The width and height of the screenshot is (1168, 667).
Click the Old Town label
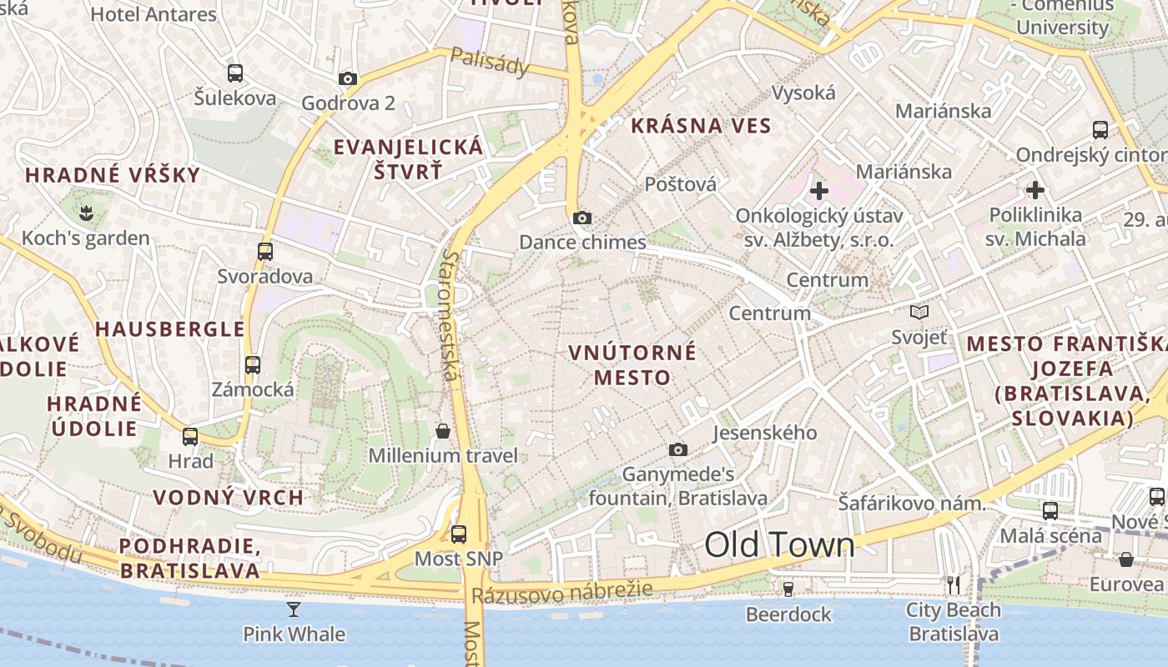point(779,544)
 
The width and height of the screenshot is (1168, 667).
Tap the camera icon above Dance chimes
point(581,218)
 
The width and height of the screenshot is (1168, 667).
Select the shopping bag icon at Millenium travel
point(443,430)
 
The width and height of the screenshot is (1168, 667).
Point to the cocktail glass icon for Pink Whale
point(293,609)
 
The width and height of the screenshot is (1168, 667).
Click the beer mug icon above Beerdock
point(788,589)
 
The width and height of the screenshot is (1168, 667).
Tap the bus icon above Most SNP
point(458,534)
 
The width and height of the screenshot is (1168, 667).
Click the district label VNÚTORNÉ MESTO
point(632,364)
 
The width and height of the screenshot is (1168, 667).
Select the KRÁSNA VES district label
point(701,126)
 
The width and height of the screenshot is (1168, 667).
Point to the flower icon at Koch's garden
point(85,213)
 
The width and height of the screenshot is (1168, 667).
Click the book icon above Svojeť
point(919,312)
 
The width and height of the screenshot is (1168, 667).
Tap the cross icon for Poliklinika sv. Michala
point(1035,190)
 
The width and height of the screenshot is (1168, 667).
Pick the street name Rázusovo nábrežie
point(561,594)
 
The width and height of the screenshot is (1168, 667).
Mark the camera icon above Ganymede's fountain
point(678,449)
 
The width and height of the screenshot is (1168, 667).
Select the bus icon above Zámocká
point(252,364)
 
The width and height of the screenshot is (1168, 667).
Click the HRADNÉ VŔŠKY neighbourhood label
point(113,175)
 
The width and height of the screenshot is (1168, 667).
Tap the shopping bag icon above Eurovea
point(1125,559)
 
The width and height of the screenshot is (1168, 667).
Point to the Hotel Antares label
point(153,14)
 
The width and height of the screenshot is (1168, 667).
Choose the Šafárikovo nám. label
point(912,503)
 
